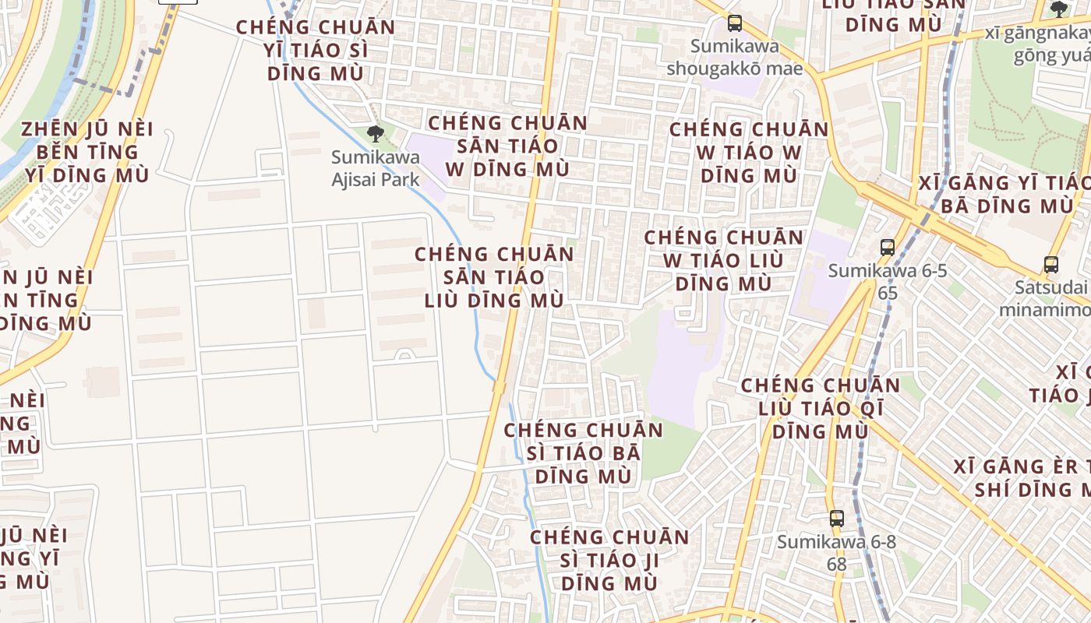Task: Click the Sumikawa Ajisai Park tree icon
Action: (x=376, y=133)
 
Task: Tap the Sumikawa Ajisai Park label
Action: (x=376, y=168)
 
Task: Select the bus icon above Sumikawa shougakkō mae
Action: (x=734, y=23)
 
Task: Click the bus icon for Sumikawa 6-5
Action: (x=887, y=248)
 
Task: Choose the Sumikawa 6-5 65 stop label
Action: (x=887, y=282)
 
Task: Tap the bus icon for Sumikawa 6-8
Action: (x=836, y=518)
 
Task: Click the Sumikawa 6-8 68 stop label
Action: (x=836, y=552)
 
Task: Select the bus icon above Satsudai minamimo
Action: (x=1050, y=265)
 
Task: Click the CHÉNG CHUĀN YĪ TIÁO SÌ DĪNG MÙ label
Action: (x=316, y=50)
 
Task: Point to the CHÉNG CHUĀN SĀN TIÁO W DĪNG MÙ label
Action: (x=507, y=146)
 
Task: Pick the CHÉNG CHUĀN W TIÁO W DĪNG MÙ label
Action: (x=748, y=152)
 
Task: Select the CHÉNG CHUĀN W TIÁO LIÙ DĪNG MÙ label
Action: (x=723, y=260)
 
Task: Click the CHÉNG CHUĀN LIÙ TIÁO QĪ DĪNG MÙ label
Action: (x=820, y=408)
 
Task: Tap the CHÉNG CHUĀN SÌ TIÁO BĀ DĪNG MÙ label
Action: (x=583, y=452)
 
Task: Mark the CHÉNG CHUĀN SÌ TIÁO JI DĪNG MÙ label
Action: (x=609, y=560)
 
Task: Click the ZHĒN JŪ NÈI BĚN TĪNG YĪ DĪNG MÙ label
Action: (x=87, y=152)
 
